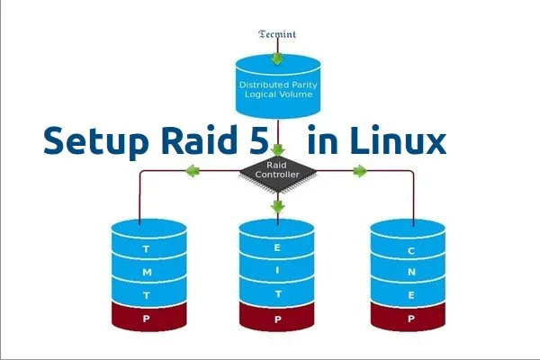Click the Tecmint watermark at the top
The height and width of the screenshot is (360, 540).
tap(277, 35)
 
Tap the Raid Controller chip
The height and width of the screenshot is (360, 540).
tap(277, 171)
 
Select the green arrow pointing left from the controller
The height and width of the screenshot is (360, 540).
tap(192, 170)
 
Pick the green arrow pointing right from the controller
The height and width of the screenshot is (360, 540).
tap(360, 170)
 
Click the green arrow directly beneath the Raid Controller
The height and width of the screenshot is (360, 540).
tap(278, 207)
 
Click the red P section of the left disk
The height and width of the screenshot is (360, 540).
tap(148, 318)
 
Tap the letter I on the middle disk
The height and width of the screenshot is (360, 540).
tap(278, 268)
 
